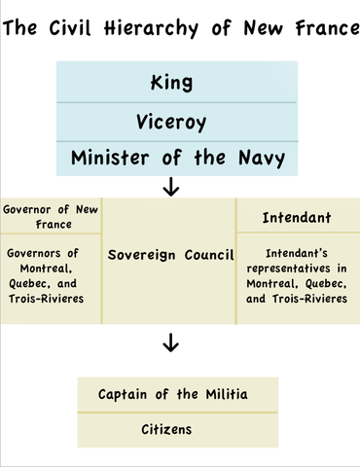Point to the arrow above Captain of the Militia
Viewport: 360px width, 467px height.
pos(172,342)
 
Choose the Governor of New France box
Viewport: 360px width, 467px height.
pos(51,215)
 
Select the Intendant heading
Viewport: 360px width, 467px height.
pos(297,218)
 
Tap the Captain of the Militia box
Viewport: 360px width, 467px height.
pos(173,395)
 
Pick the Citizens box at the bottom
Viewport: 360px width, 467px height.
pos(171,428)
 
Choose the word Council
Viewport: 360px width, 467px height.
pos(207,255)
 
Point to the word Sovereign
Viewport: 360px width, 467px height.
pos(142,255)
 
